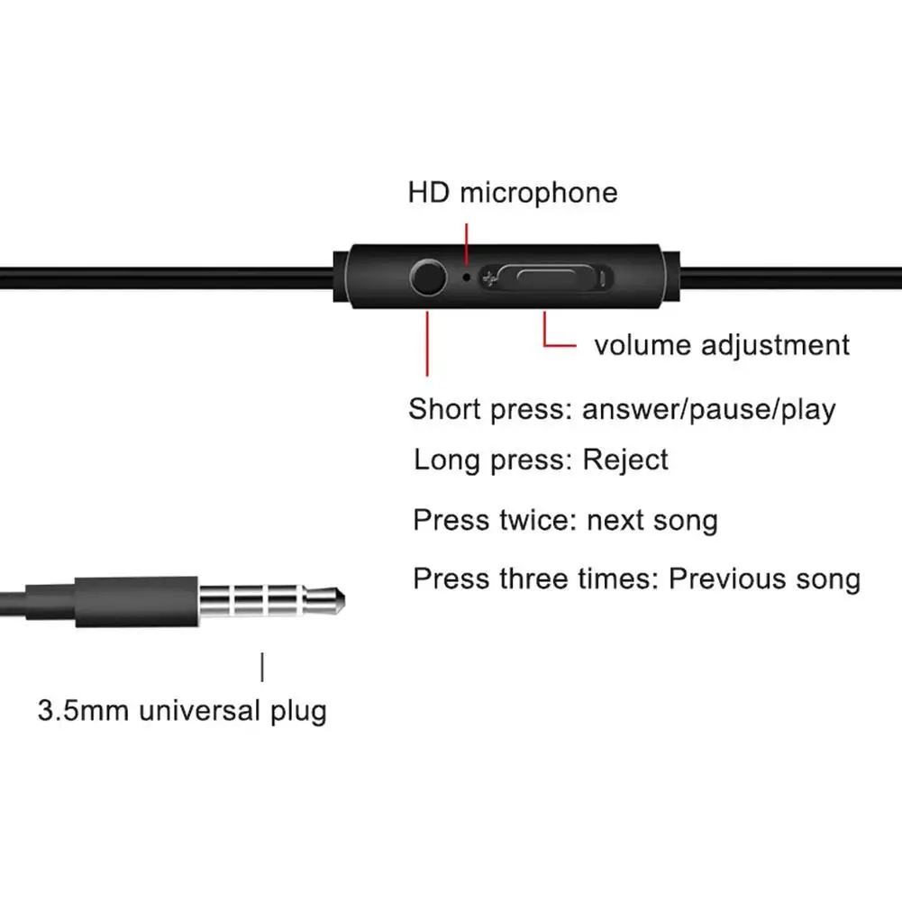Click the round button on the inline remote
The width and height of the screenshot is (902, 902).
(x=426, y=278)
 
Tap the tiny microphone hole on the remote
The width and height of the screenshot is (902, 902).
(x=466, y=277)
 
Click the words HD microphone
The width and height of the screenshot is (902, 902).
(x=513, y=193)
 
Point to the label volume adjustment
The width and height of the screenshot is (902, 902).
(x=721, y=345)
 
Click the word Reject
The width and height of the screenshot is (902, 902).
(x=625, y=460)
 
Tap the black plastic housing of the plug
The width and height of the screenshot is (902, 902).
(x=135, y=602)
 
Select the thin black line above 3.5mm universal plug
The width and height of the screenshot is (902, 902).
(x=262, y=668)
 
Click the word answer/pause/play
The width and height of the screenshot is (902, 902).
(x=709, y=410)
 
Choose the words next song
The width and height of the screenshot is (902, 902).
(x=652, y=520)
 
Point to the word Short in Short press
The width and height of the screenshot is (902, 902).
(x=445, y=409)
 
